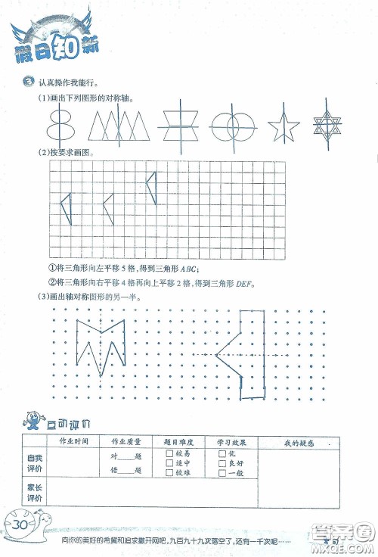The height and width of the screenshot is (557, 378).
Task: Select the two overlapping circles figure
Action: [x=231, y=126]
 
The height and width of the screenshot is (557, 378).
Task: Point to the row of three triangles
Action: [x=117, y=125]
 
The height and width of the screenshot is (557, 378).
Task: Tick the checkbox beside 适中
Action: [x=168, y=462]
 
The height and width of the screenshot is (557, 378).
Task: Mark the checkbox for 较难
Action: [x=168, y=473]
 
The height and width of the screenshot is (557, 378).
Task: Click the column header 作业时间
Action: [x=74, y=441]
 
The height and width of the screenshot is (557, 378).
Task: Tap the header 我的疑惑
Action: [x=299, y=442]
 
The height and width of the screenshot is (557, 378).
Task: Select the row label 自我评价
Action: [x=35, y=463]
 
